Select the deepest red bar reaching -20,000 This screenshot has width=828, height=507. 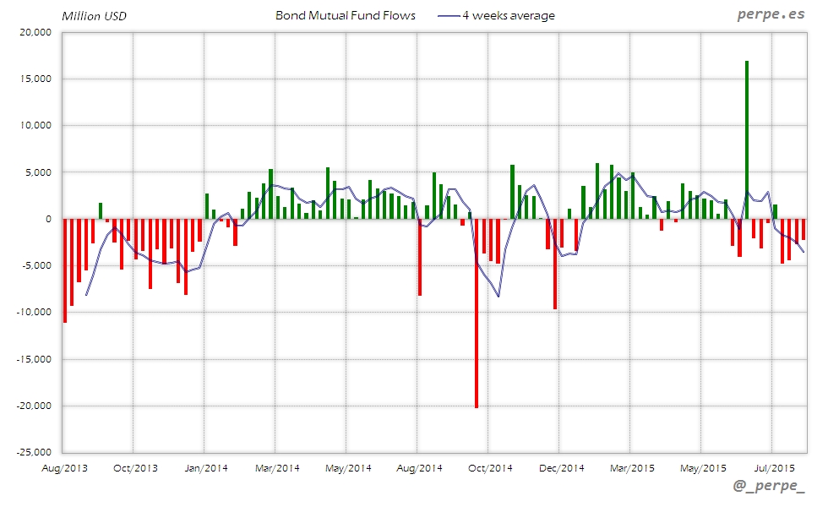click(477, 313)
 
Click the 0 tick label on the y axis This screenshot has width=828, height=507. click(47, 219)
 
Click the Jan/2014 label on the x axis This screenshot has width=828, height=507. click(204, 467)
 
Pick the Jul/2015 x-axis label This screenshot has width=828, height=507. click(772, 467)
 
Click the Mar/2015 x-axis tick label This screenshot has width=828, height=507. click(630, 467)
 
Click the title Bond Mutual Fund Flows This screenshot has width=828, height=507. click(346, 15)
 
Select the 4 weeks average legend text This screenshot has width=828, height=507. click(508, 15)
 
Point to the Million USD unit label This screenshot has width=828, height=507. click(94, 16)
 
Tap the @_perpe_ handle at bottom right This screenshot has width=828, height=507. click(770, 487)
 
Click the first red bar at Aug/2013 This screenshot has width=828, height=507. click(65, 270)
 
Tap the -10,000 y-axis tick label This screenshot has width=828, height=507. click(33, 313)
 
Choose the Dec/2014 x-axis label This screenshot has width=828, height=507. click(559, 467)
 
